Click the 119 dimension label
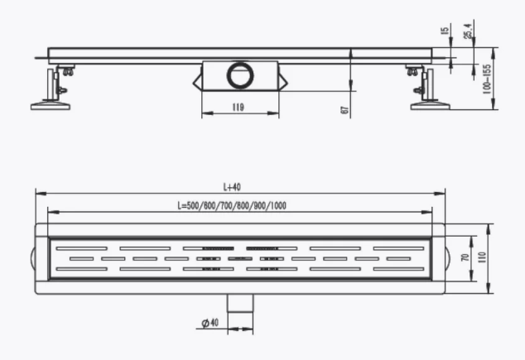coord(238,107)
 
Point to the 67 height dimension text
coord(344,110)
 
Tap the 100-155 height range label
coord(487,79)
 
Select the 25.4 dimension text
coord(469,31)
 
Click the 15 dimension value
coord(445,31)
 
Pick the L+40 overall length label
coord(232,187)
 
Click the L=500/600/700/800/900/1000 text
coord(232,205)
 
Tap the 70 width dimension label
coord(465,257)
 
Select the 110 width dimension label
coord(482,257)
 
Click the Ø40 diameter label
coord(210,323)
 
